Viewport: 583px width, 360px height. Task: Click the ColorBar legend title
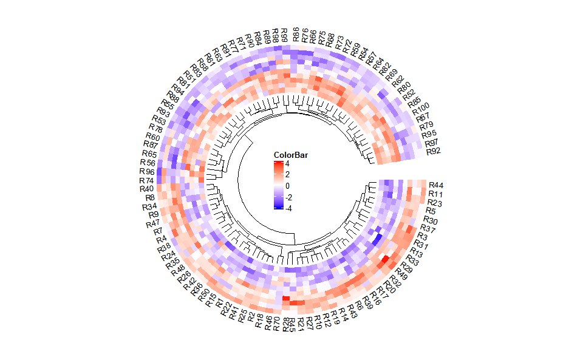(x=290, y=155)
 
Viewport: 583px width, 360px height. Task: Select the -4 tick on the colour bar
(x=289, y=208)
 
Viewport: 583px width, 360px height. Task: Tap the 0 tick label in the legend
(x=287, y=186)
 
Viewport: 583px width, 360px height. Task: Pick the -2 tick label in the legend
(x=289, y=197)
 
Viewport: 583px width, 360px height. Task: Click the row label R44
(x=436, y=185)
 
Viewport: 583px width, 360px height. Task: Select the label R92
(x=434, y=151)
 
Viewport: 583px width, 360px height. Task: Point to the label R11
(x=435, y=194)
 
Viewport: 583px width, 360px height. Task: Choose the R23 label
(x=434, y=202)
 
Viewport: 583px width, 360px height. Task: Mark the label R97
(x=432, y=143)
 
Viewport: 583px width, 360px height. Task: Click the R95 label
(x=429, y=134)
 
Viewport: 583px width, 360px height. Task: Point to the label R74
(x=146, y=180)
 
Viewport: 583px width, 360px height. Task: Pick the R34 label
(x=150, y=207)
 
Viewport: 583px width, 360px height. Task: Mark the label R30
(x=430, y=220)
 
